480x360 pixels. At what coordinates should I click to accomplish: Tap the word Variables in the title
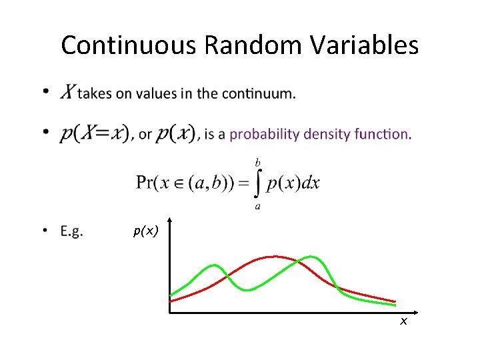coord(363,45)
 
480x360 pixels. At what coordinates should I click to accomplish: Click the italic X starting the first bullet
coord(67,93)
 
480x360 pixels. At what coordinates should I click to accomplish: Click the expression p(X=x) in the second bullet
coord(95,134)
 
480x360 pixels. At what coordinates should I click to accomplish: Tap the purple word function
coord(383,134)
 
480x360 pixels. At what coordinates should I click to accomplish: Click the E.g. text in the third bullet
coord(71,231)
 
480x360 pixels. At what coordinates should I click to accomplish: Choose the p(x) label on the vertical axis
coord(145,231)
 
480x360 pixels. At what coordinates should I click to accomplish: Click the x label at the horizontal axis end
coord(403,322)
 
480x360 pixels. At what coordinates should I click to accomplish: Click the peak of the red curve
coord(273,256)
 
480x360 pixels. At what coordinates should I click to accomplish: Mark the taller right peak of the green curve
coord(311,257)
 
